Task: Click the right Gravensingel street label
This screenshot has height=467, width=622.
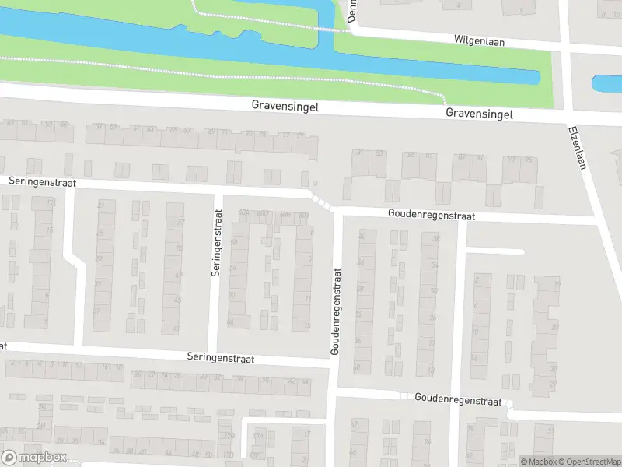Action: (x=480, y=114)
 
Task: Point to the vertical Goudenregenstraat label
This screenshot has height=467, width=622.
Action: (x=337, y=311)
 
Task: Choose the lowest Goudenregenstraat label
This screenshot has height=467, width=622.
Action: (x=458, y=399)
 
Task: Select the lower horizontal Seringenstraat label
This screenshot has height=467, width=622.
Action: (x=221, y=358)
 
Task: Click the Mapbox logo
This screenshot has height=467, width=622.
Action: (x=33, y=457)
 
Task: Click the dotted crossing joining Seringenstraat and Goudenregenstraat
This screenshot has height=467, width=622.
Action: (x=321, y=201)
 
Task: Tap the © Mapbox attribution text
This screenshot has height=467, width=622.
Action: (x=538, y=462)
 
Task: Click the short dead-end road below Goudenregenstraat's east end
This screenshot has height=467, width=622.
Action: (x=495, y=251)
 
